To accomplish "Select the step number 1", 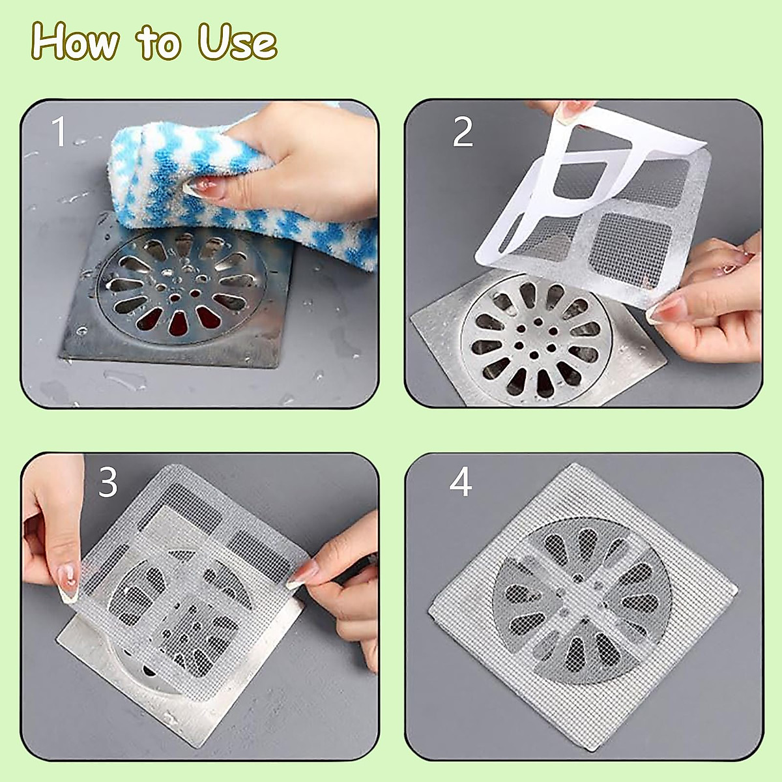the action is click(x=60, y=131).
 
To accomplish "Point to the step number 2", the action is click(x=463, y=131).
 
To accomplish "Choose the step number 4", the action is click(x=461, y=482).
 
